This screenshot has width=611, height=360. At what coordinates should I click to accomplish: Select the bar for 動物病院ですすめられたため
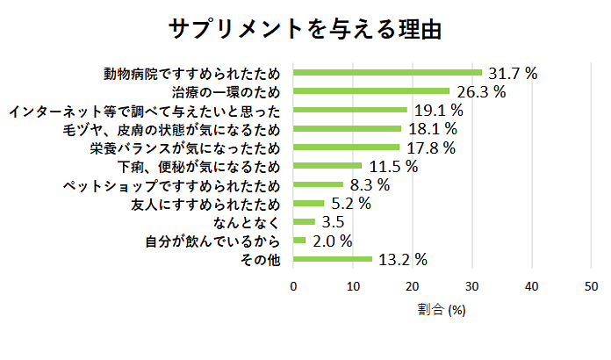coord(387,72)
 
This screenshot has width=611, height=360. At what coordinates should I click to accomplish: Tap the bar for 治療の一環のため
coord(371,90)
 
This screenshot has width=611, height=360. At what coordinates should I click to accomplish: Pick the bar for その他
coord(332,259)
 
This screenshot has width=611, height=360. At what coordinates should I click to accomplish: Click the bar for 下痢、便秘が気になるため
coord(327,165)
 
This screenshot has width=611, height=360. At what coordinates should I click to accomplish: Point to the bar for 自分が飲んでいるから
coord(299,241)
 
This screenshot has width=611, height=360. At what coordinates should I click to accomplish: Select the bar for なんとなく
coord(304,221)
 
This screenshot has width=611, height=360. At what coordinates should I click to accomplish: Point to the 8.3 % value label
coord(370,185)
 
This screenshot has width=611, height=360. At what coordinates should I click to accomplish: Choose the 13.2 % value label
coord(401,259)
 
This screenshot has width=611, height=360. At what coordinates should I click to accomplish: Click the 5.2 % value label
coord(351,204)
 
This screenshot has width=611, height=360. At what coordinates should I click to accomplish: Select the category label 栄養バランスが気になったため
coord(185,148)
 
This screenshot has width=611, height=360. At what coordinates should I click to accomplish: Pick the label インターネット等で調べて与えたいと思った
coord(144,111)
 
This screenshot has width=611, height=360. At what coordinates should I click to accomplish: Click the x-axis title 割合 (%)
coord(442,310)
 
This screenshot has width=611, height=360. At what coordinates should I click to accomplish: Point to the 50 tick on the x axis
coord(591,285)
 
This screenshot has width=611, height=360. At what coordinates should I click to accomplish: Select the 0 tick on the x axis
coord(293,285)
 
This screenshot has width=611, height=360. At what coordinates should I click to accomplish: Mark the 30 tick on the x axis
coord(471,285)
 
